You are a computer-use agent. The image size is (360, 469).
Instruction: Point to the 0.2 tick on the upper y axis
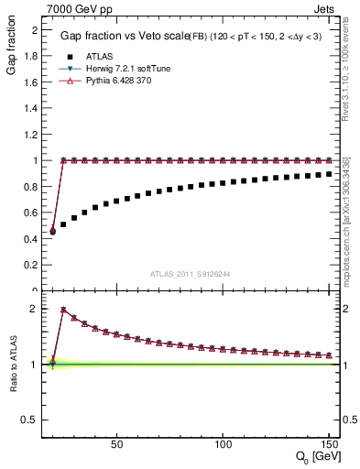[30, 265]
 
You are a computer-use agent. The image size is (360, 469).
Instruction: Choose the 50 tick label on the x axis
[116, 444]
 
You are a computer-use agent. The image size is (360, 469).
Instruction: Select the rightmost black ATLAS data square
[328, 173]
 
